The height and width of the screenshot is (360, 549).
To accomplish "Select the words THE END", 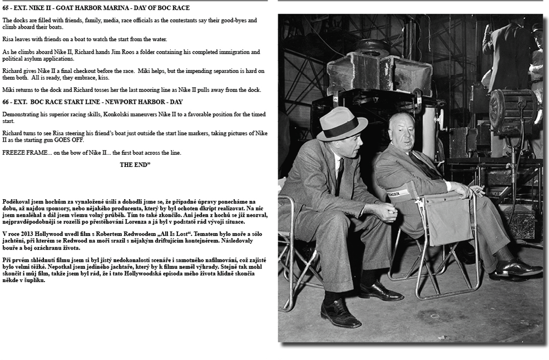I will click(x=135, y=164).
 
